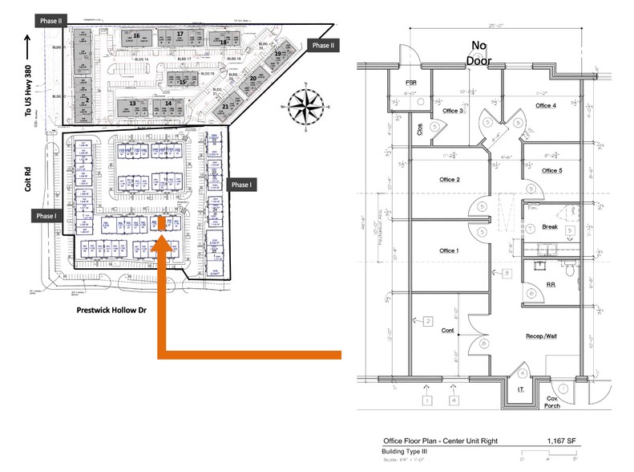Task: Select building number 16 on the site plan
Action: click(x=136, y=36)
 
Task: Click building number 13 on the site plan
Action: click(x=131, y=104)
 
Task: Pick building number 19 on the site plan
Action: click(x=277, y=55)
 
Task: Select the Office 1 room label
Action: click(x=449, y=251)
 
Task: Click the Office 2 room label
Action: click(x=449, y=180)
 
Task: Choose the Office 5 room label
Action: click(x=551, y=170)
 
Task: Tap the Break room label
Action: click(x=549, y=226)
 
